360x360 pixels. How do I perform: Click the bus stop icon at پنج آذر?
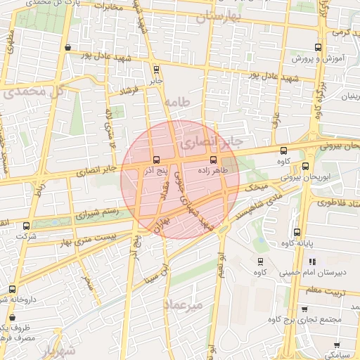point(155,160)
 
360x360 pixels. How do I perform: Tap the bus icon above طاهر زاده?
point(214,160)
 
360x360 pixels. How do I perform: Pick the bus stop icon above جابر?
point(155,69)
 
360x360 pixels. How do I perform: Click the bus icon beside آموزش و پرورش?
point(318,48)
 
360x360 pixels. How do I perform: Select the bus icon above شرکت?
point(27,226)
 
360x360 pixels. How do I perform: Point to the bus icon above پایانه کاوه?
point(296,231)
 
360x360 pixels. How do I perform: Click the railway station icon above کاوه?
point(260,261)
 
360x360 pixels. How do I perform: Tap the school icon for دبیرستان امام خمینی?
point(312,262)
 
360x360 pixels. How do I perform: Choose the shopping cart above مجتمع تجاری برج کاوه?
point(303,309)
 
